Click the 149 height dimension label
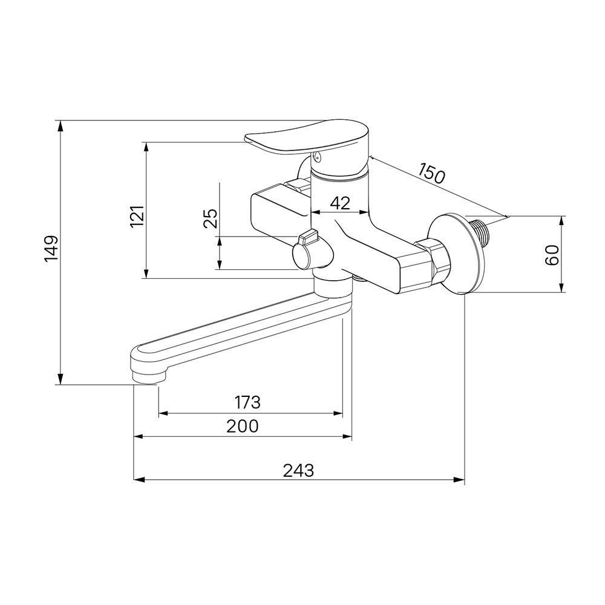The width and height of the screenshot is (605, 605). tap(51, 248)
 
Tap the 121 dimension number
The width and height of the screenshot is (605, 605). tap(137, 216)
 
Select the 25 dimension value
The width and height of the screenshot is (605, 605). tap(211, 218)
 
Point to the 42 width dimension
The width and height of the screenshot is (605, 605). tap(340, 203)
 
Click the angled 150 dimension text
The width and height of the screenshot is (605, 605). tap(432, 173)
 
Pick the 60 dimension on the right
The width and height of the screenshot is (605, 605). tap(552, 255)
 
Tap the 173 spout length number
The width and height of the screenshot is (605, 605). tap(247, 402)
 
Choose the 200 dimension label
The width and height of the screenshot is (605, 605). tap(243, 427)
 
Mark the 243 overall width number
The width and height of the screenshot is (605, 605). tap(299, 470)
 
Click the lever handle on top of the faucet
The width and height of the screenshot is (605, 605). tap(309, 139)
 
